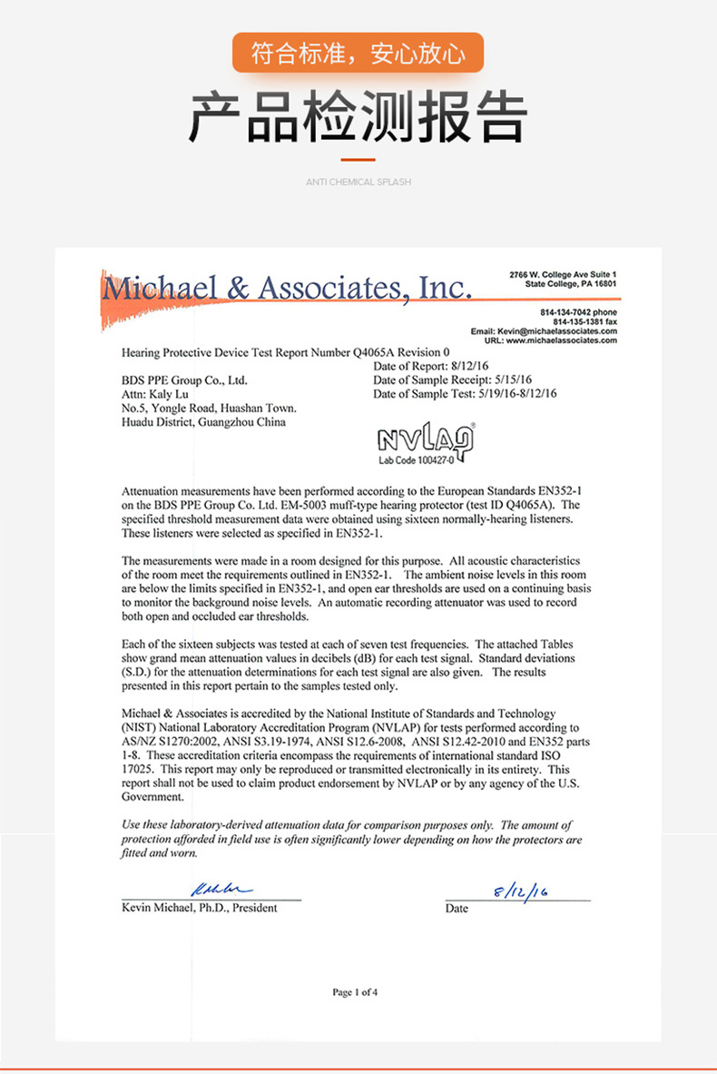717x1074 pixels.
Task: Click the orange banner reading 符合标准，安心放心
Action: pyautogui.click(x=358, y=54)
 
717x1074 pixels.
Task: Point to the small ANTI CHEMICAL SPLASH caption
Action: pyautogui.click(x=358, y=182)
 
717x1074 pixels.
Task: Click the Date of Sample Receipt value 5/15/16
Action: pyautogui.click(x=512, y=379)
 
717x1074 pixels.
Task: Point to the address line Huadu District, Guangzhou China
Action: pyautogui.click(x=203, y=422)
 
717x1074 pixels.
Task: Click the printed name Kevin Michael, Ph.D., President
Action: pyautogui.click(x=200, y=908)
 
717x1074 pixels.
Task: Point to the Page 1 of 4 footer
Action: pyautogui.click(x=356, y=992)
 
